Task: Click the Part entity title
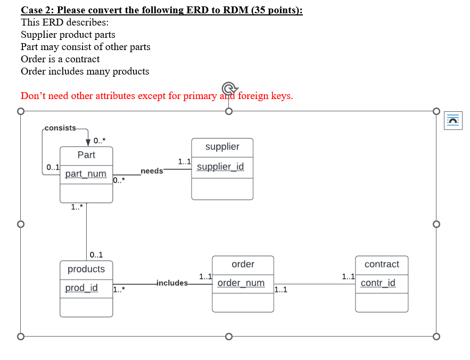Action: point(86,155)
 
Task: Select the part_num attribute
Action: point(86,174)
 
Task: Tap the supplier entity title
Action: point(222,147)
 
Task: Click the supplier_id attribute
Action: point(220,167)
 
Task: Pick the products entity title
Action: point(86,269)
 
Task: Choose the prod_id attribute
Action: point(81,288)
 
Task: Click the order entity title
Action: point(243,264)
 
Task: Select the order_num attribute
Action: point(241,283)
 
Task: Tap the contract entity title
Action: point(382,264)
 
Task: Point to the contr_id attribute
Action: point(378,283)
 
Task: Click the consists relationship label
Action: point(60,128)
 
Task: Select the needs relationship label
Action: point(152,171)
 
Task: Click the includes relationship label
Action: point(172,283)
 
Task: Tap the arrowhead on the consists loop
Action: point(87,142)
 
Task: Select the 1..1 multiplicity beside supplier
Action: point(184,161)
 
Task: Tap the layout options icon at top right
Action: point(452,120)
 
